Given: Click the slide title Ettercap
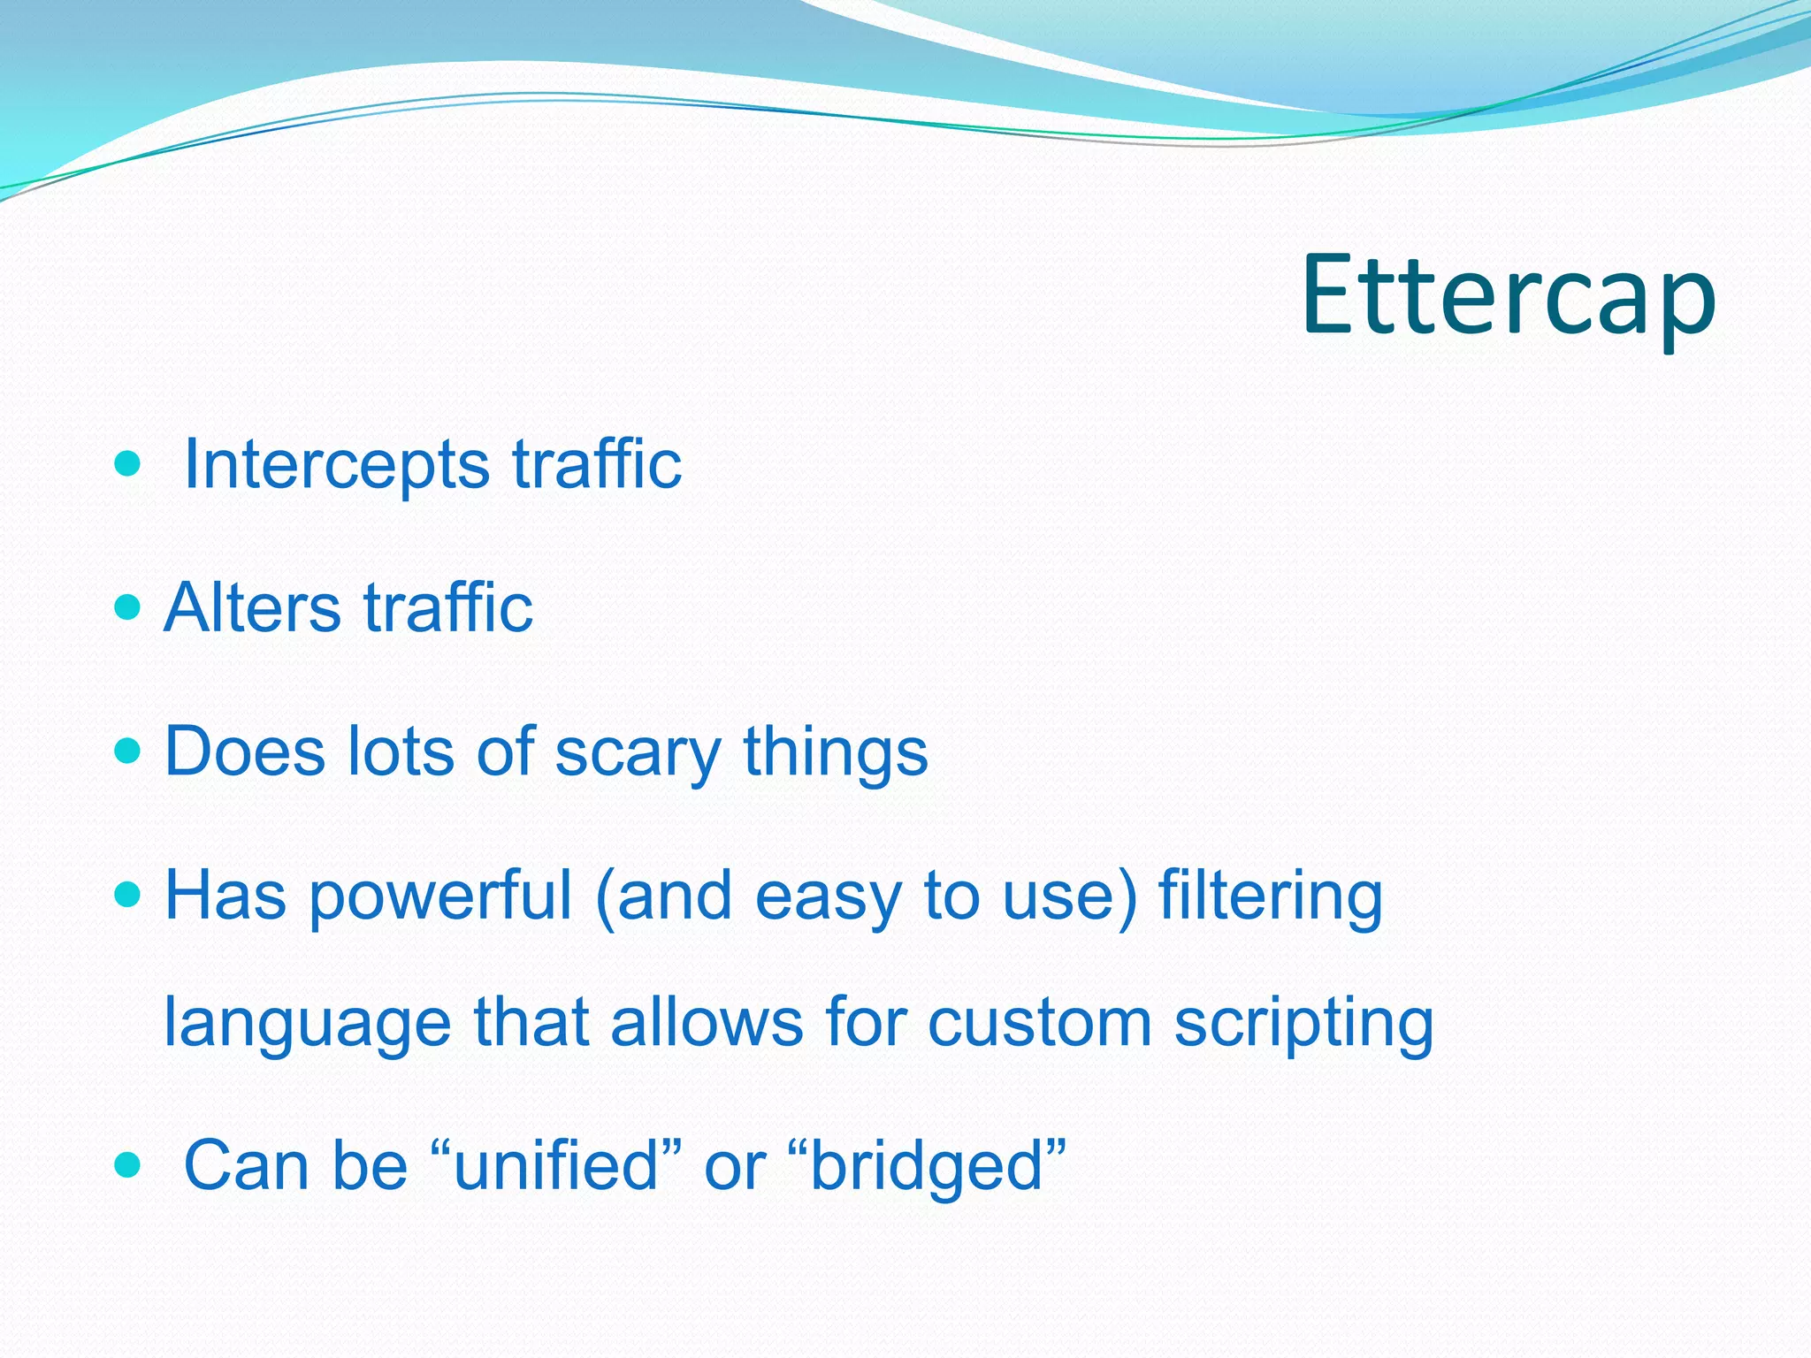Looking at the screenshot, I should (x=1508, y=296).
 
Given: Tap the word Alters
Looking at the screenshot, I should (x=253, y=608).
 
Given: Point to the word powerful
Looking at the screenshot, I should (x=440, y=896).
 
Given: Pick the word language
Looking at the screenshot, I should (x=308, y=1024).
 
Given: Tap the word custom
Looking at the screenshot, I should (x=1040, y=1022).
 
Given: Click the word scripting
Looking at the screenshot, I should (x=1303, y=1024).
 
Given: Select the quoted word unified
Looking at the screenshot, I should (x=556, y=1165).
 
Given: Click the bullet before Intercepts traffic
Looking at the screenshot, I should (x=128, y=462).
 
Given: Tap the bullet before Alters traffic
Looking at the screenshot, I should (x=128, y=607).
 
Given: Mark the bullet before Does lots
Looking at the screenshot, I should (x=128, y=751).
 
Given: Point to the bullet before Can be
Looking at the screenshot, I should (x=128, y=1164).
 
